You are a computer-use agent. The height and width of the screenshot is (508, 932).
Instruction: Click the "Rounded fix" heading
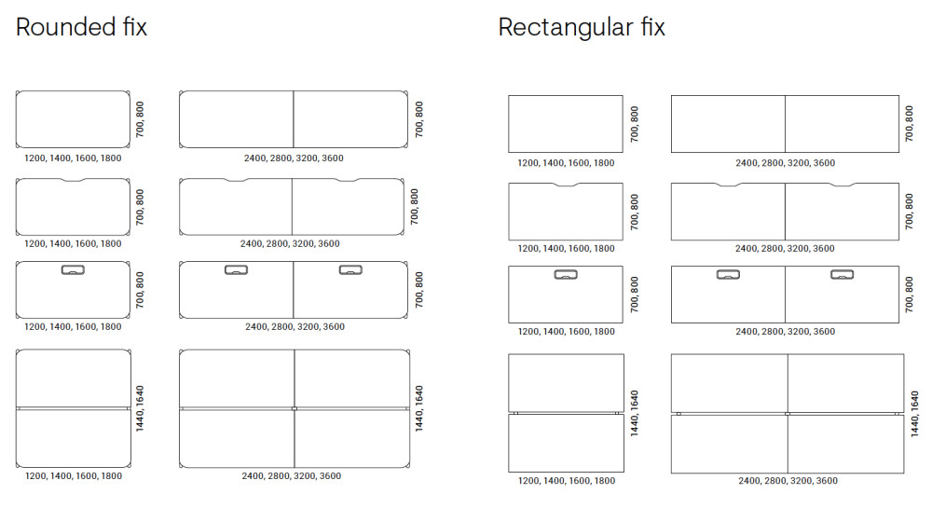81,27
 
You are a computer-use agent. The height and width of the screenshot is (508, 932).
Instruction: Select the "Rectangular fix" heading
582,27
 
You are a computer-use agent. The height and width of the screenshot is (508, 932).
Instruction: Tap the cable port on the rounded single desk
73,270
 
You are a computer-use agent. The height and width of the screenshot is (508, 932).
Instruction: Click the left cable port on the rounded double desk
236,270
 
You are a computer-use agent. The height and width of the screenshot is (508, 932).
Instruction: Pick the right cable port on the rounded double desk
350,270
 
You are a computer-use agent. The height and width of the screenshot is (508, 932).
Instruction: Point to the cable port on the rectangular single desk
566,275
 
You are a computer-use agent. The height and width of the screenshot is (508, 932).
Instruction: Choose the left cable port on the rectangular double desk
728,275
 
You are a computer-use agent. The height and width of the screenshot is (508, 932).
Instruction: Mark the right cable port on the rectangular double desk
843,275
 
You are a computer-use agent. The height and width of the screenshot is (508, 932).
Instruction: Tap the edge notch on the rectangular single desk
566,185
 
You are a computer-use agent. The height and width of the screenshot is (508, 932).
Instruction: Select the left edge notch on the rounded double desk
236,181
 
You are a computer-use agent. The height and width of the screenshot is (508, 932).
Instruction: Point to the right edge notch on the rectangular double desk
843,185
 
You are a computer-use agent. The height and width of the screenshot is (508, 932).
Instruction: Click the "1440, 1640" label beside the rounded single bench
139,408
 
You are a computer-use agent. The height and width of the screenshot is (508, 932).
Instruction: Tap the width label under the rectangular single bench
566,481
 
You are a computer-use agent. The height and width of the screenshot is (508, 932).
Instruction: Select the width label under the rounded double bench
292,476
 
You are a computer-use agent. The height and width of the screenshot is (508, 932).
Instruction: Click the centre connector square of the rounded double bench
294,408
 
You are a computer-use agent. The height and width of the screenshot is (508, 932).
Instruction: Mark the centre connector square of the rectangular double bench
788,413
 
